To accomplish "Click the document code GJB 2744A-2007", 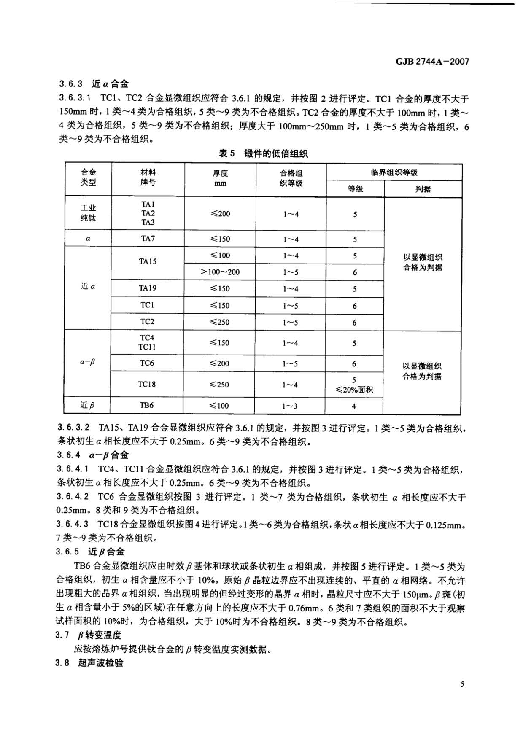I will (x=432, y=62).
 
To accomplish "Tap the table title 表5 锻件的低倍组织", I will (x=263, y=153).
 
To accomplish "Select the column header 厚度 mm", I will (x=220, y=178).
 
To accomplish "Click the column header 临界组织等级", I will (x=394, y=172).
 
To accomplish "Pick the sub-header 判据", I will (x=423, y=189).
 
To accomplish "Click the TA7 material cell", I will (x=148, y=239).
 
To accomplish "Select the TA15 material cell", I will (x=148, y=261).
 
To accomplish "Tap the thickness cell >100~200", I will (x=220, y=272).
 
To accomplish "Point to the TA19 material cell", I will (x=148, y=288).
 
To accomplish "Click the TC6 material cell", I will (x=147, y=363).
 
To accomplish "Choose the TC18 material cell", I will (x=147, y=384).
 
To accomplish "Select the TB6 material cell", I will (x=147, y=406).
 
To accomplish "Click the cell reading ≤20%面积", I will (x=354, y=390).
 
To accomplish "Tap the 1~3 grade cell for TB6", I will (x=290, y=406).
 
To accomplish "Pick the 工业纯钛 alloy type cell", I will (x=89, y=213).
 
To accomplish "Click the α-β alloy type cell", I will (x=88, y=362).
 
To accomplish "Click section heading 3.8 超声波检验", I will (x=89, y=663).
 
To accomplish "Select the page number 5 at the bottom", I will (x=462, y=684).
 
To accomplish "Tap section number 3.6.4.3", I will (x=72, y=524).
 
